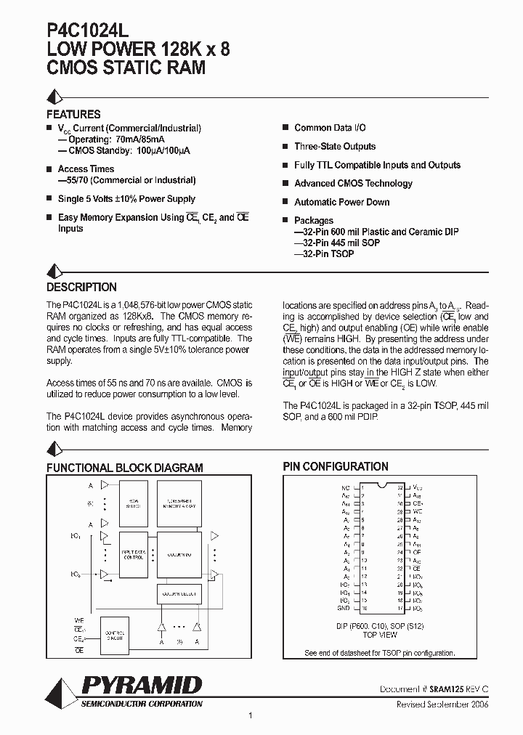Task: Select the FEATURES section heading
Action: pyautogui.click(x=73, y=114)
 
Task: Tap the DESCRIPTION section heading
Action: pyautogui.click(x=81, y=287)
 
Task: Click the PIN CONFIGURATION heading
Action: pyautogui.click(x=335, y=466)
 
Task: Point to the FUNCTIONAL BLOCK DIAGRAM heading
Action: pyautogui.click(x=125, y=468)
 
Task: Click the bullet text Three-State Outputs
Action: pyautogui.click(x=335, y=147)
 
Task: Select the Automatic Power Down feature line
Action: pyautogui.click(x=341, y=202)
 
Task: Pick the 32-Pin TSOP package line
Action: pyautogui.click(x=324, y=254)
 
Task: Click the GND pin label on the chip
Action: pyautogui.click(x=344, y=608)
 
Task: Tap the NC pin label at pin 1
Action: pyautogui.click(x=345, y=488)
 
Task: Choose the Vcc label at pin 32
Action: pyautogui.click(x=418, y=488)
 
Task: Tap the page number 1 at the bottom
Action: pyautogui.click(x=250, y=716)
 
